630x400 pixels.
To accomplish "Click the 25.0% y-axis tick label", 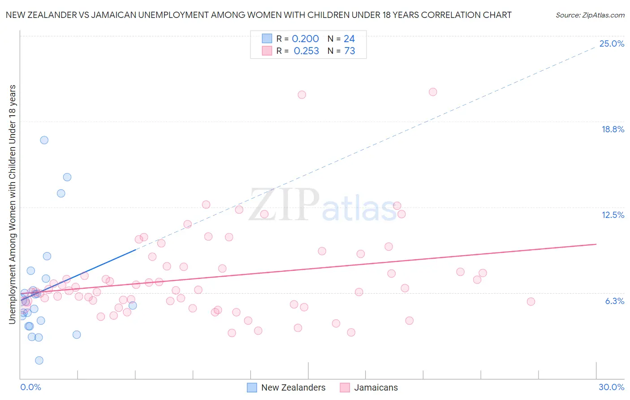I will click(x=612, y=43).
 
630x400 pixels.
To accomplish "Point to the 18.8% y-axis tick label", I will click(x=613, y=129).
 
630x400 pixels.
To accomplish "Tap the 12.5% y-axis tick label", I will click(x=613, y=215).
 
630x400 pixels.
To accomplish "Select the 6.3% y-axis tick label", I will click(x=614, y=301).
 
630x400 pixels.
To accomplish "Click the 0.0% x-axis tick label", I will click(x=30, y=387).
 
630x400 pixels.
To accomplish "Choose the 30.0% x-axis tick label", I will click(x=611, y=387).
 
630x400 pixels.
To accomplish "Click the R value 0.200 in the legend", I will click(x=305, y=39).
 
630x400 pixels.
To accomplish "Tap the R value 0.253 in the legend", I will click(x=306, y=51).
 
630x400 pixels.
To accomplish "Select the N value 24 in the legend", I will click(x=349, y=39).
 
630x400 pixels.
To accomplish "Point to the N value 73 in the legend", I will click(x=350, y=51).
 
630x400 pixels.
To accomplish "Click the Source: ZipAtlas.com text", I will click(x=590, y=15).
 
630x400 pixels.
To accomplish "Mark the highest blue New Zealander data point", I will click(x=44, y=140).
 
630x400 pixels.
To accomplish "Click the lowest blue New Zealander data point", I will click(x=39, y=361).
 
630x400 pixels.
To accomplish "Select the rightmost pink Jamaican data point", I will click(x=531, y=301).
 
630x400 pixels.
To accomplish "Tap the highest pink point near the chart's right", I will click(x=433, y=92).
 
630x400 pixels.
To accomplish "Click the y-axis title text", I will click(x=12, y=204).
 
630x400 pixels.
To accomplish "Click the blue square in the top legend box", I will click(x=267, y=39).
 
